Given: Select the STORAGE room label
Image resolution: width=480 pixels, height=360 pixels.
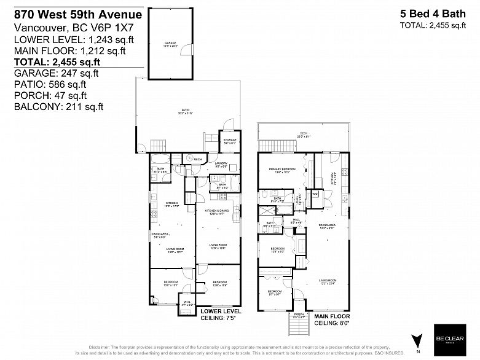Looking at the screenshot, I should (230, 141).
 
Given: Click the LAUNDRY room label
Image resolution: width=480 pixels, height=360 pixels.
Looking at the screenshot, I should (222, 164).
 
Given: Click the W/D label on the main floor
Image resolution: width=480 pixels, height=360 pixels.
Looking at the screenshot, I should (315, 195).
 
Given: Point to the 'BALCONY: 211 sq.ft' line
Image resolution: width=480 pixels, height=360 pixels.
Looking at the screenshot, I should (58, 106).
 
